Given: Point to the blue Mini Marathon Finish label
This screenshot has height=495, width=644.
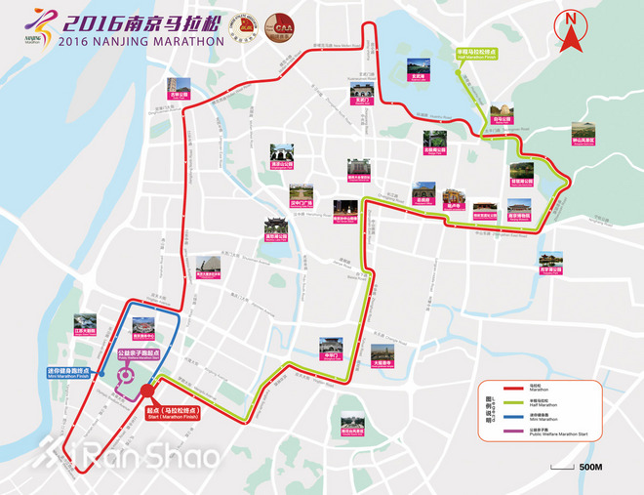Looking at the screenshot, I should (70, 371).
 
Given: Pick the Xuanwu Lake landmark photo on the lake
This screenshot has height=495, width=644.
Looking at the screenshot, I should (419, 69).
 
